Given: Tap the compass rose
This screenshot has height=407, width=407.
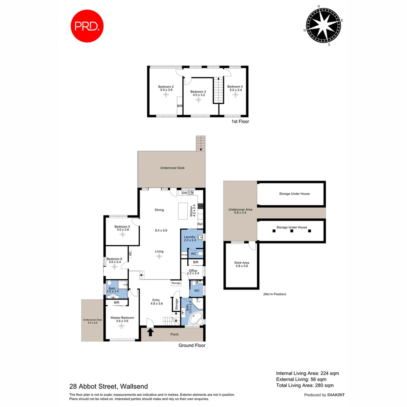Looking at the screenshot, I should tap(324, 26).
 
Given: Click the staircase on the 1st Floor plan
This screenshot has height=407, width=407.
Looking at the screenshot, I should tap(218, 90).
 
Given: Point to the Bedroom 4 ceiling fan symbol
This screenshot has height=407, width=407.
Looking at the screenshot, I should tap(235, 95).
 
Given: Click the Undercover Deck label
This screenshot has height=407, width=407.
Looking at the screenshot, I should tap(172, 168).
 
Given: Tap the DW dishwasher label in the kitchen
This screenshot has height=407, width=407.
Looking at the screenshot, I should tap(184, 193).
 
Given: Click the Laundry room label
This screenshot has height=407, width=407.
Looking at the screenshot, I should tap(190, 237).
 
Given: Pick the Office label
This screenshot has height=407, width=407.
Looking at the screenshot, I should tap(193, 271).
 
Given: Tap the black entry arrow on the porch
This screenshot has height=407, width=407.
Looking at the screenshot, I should tap(150, 332).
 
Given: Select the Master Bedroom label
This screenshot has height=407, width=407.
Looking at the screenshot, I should tap(122, 318).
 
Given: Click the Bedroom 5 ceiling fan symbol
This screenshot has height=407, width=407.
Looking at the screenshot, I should tap(122, 234).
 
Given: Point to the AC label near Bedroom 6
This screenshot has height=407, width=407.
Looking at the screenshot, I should tap(130, 253).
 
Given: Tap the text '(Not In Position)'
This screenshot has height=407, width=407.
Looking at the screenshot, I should tap(274, 294).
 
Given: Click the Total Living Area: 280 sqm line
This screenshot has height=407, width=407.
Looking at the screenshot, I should tap(304, 385).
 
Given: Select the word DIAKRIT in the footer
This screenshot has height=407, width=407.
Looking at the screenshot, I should tap(336, 395).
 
